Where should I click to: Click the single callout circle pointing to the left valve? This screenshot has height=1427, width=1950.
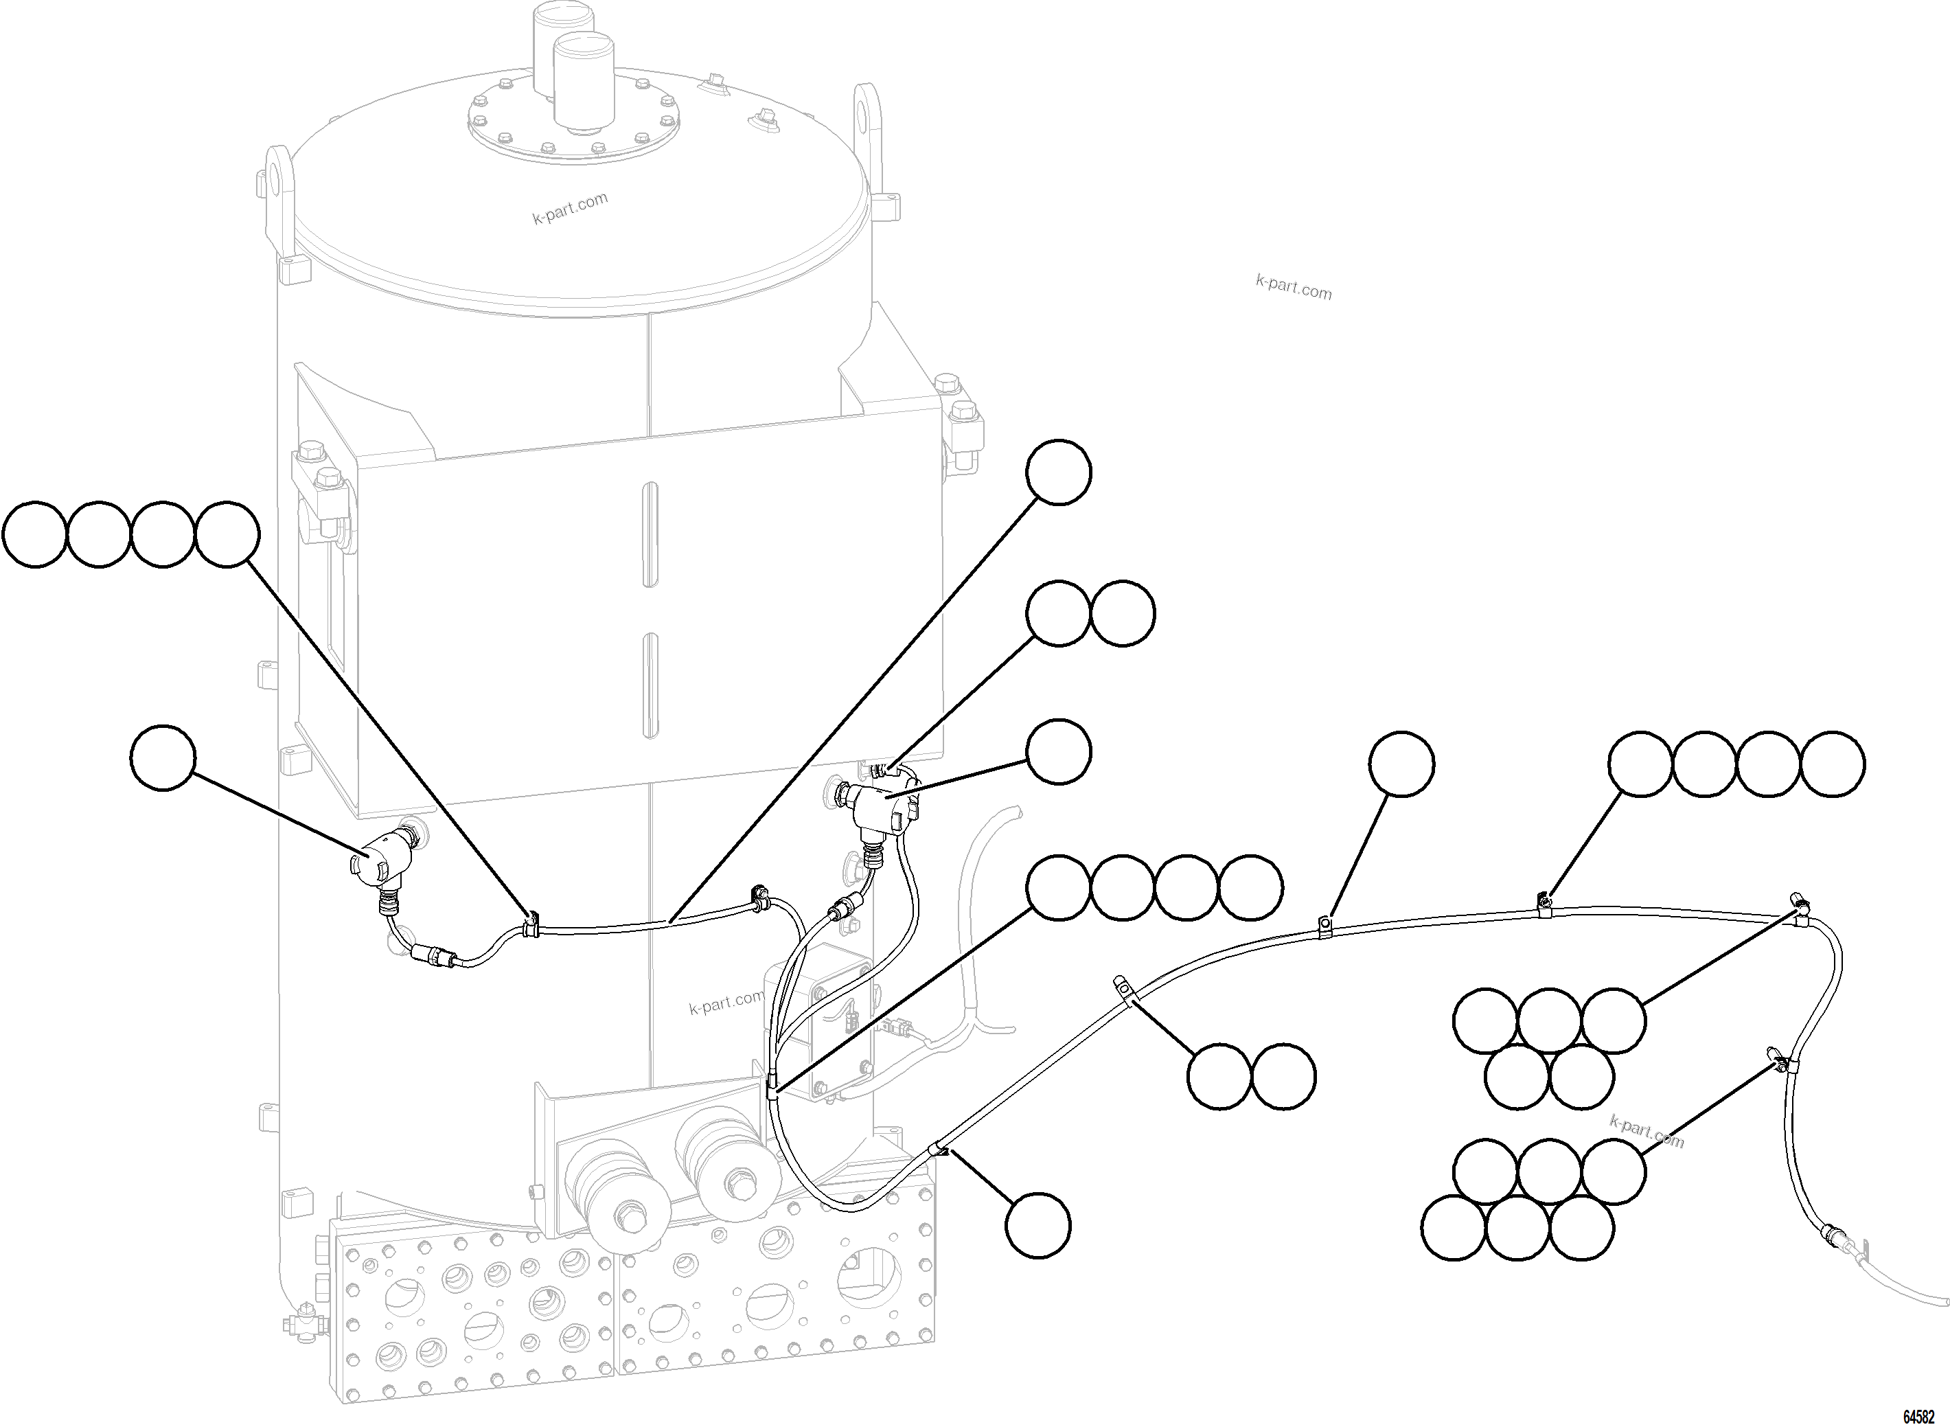164,757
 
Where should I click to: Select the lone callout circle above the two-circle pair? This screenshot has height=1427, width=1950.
1058,472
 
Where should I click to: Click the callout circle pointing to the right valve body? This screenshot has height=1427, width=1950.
1058,751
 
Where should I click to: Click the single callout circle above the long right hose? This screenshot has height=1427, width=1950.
1401,763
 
